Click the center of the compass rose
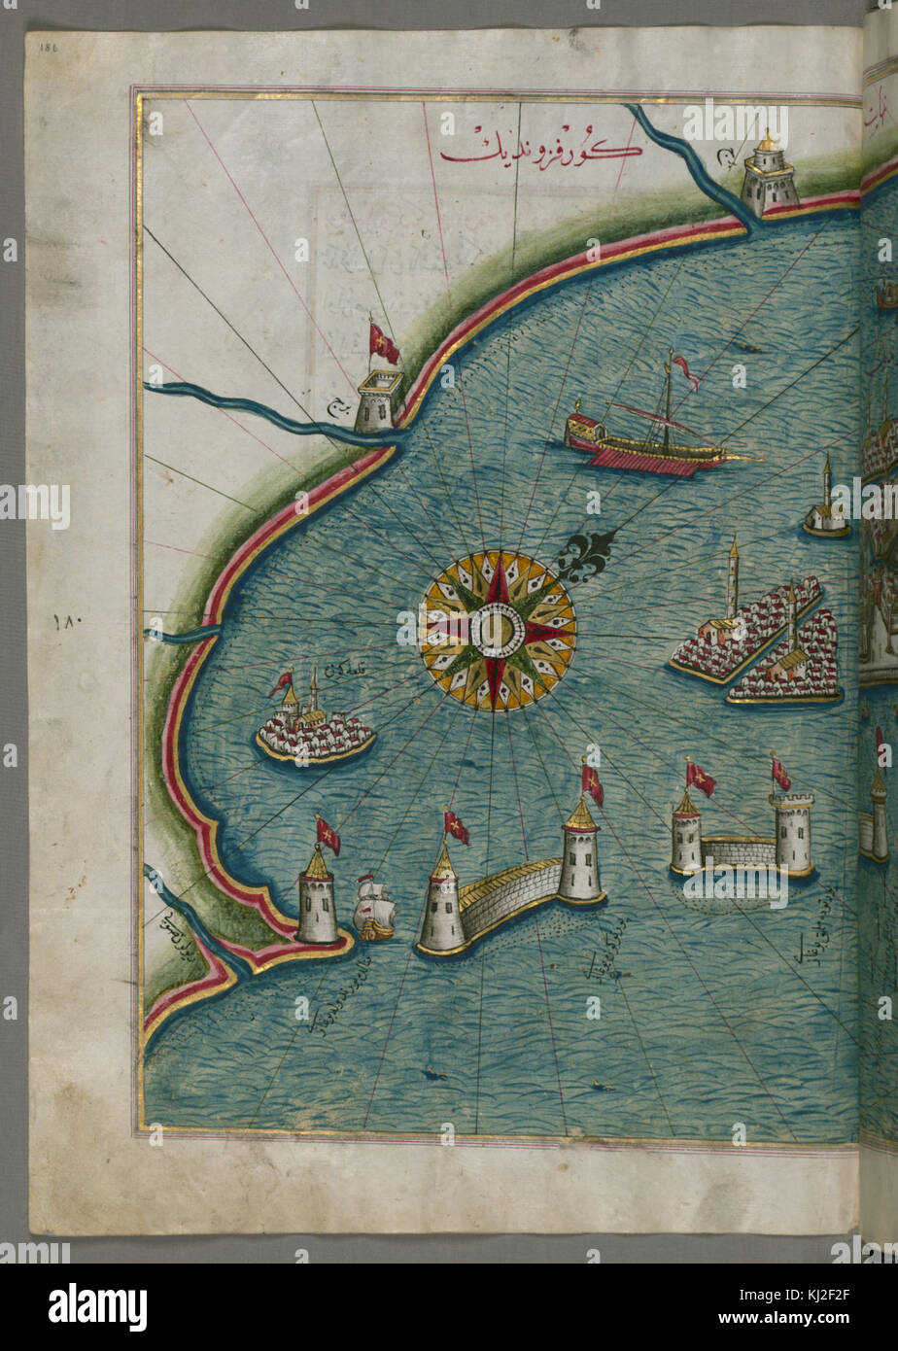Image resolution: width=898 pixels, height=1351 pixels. [497, 630]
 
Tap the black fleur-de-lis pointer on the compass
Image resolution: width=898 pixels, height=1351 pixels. [585, 554]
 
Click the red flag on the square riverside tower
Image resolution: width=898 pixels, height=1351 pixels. [383, 343]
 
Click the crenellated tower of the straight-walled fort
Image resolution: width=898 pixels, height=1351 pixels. [793, 833]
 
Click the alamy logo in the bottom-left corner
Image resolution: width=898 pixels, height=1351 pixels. [97, 1306]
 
